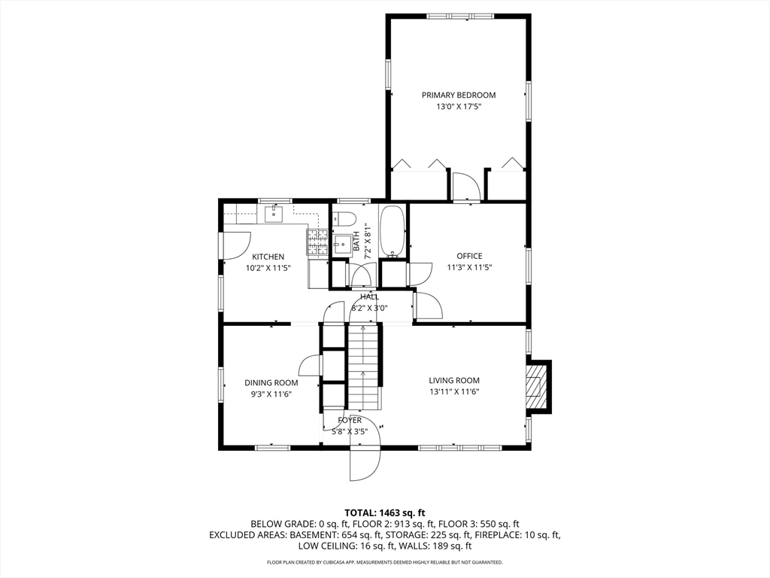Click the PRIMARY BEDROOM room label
coord(459,95)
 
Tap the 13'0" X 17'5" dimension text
coord(459,107)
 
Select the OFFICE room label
coord(469,256)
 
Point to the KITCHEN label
coord(268,257)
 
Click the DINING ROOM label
coord(271,383)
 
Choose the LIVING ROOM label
coord(454,380)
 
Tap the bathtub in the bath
coord(393,231)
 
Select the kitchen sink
coord(274,214)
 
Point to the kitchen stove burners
coord(318,242)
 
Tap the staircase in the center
coord(365,367)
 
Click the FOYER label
coord(350,420)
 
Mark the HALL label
coord(370,297)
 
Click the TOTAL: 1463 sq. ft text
coord(385,513)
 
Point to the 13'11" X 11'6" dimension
coord(454,391)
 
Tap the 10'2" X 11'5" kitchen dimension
coord(268,269)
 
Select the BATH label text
coord(356,241)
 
